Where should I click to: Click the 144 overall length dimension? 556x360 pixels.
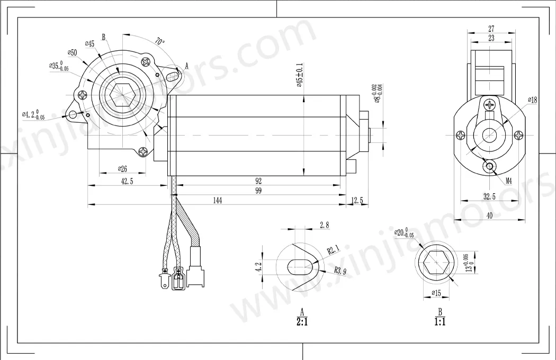tap(217, 200)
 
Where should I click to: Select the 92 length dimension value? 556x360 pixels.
tap(258, 181)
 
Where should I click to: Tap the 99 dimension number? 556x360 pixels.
tap(258, 191)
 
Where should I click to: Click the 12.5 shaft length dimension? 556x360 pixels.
tap(358, 200)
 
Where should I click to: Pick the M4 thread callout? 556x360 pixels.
tap(508, 181)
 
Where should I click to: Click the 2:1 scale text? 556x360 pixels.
tap(303, 321)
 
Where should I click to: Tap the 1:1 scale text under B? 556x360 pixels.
tap(440, 321)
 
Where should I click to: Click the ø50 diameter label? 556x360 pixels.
tap(72, 52)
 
